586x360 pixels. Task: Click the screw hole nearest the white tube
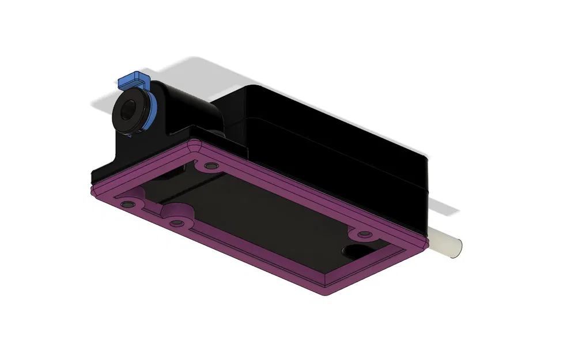tap(363, 234)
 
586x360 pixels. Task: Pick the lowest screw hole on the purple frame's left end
tap(177, 223)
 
